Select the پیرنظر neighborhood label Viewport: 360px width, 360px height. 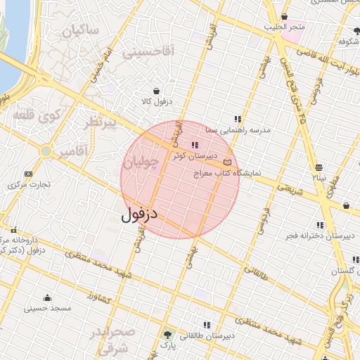tap(98, 124)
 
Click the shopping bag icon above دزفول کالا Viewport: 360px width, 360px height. tap(156, 91)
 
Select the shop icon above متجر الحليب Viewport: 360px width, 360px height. tap(284, 17)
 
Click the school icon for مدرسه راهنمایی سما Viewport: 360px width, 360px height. tap(238, 119)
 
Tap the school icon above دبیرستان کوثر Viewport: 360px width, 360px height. tap(195, 145)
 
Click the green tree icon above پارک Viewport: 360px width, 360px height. tap(167, 335)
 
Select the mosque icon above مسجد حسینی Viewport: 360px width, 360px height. tap(47, 297)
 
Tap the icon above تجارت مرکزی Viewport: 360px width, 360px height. tap(28, 174)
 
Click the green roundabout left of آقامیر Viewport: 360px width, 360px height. tap(46, 151)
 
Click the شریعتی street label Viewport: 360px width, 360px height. tap(288, 188)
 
